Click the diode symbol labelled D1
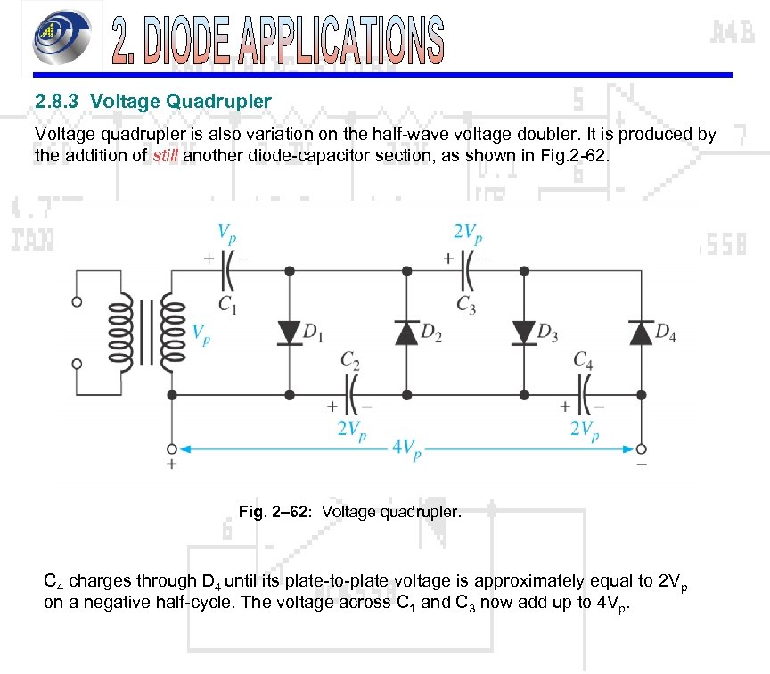pos(289,333)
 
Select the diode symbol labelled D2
pos(406,333)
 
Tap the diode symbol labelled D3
pos(523,333)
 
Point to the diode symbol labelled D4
pos(641,333)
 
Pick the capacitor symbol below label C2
pos(348,391)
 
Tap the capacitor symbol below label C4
pos(585,391)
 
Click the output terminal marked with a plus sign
pos(171,448)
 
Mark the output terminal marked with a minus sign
pos(641,448)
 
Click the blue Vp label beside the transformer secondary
pos(201,333)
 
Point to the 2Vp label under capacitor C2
pos(350,430)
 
